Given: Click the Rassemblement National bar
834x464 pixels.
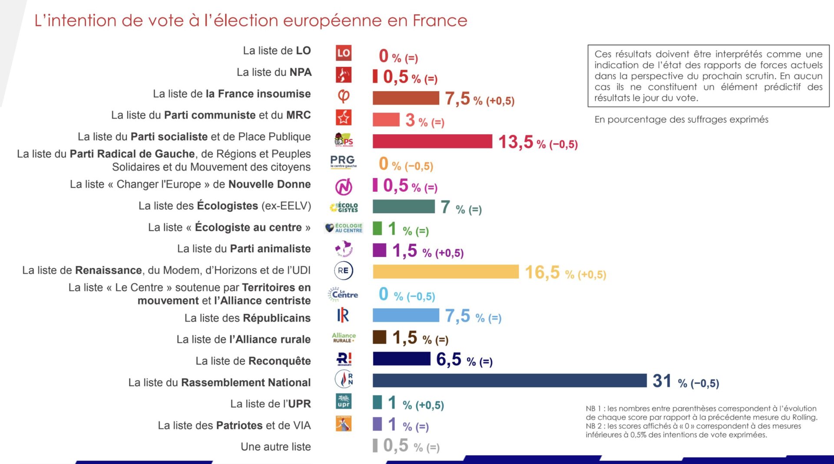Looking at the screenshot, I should [509, 380].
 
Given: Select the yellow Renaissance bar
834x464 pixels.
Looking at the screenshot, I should [446, 272].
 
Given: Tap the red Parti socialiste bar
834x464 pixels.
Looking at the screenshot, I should [432, 141].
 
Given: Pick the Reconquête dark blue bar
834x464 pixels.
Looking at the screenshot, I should [401, 359].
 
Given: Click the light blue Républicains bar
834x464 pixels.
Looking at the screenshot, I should [406, 315].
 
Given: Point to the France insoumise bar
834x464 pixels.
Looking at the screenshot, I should [406, 98].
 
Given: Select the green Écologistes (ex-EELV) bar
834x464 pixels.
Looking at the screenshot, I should [404, 207].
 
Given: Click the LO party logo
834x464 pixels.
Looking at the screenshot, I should [344, 53].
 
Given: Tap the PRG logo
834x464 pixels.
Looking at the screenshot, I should [343, 161].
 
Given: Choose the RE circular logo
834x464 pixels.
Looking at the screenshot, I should [343, 270].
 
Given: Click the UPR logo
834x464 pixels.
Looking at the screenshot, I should [344, 401].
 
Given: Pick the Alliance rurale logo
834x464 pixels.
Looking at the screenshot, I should [344, 337].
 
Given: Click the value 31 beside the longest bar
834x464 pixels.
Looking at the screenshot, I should [662, 381].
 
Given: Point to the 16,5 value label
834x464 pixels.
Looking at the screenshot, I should [543, 273].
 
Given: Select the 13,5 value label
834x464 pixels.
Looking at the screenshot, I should [516, 142].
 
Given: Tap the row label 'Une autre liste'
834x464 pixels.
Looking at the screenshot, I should [276, 447].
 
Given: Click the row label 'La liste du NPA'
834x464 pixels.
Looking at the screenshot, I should [274, 72].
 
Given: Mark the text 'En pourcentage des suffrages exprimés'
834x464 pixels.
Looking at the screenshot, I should [681, 119].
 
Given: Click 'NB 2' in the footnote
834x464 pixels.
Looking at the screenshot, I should [593, 426].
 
